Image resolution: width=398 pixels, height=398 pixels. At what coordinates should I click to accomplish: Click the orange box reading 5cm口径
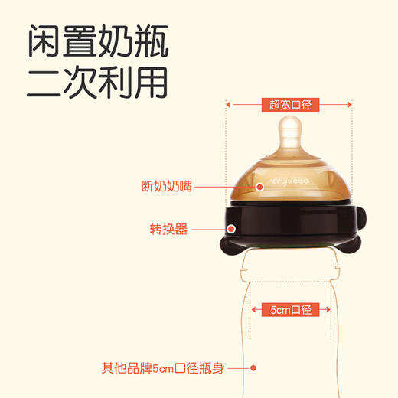[x=289, y=310]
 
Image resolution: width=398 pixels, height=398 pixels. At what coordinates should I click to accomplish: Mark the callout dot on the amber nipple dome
[x=259, y=185]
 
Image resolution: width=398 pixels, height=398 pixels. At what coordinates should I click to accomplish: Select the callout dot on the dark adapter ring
[x=232, y=227]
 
